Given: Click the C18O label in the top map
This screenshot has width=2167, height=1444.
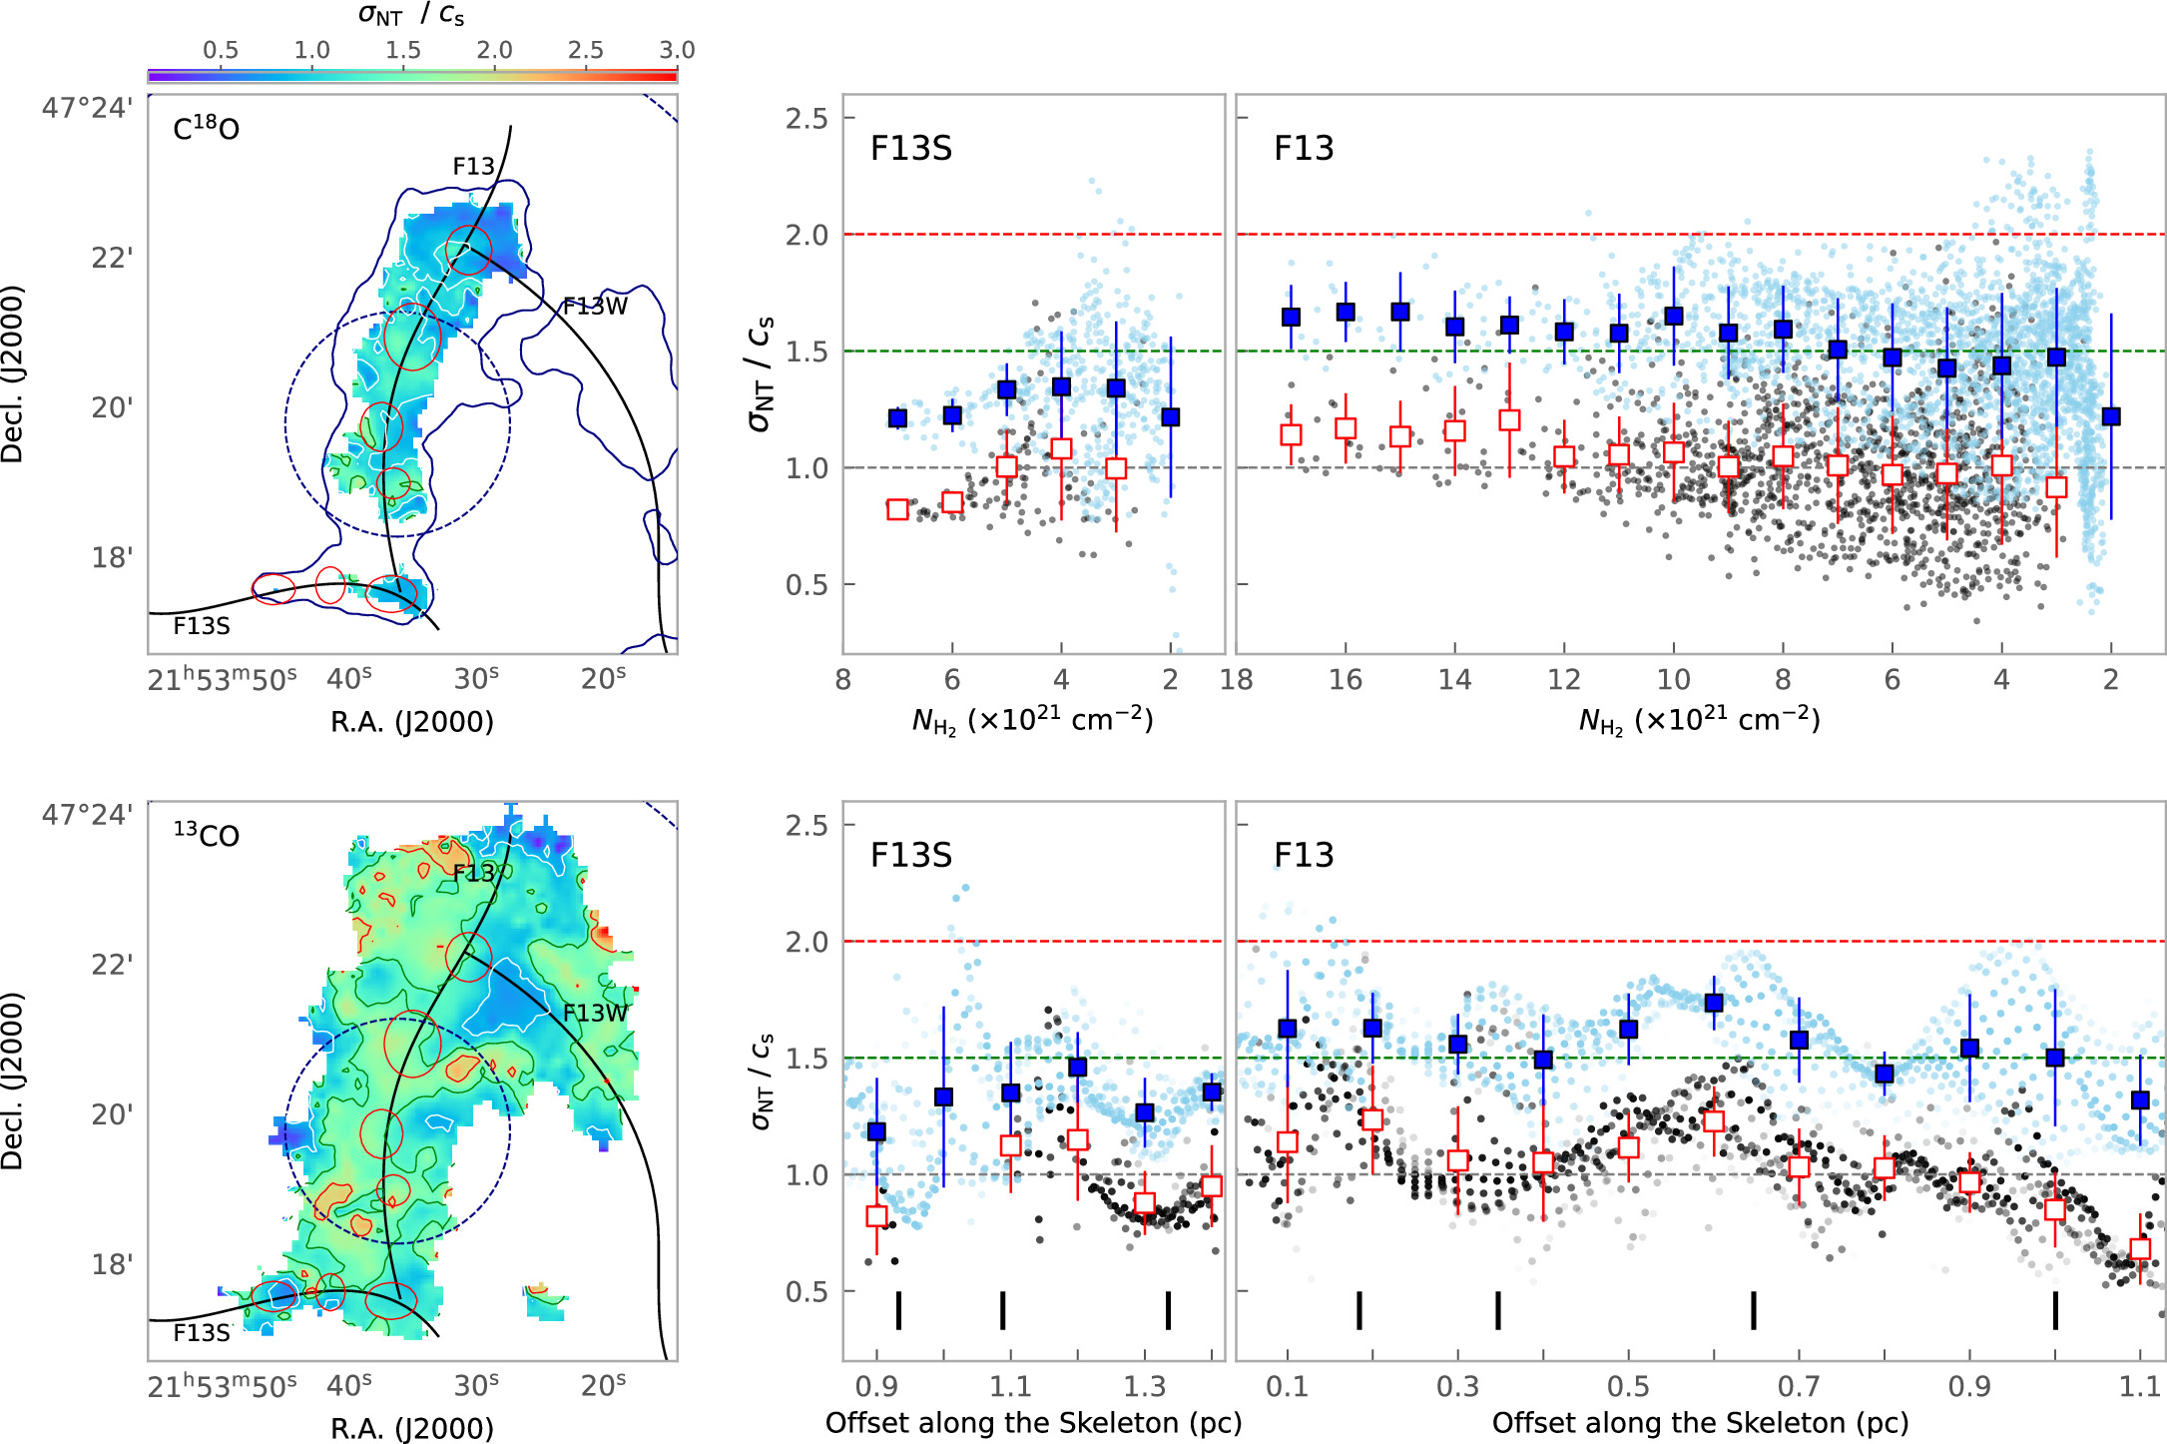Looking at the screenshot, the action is pos(206,129).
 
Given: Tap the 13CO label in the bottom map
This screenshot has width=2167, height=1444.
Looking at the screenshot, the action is pos(207,834).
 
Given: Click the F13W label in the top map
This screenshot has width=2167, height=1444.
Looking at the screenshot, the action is pos(595,307).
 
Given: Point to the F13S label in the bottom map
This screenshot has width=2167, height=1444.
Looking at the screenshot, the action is pos(202,1333).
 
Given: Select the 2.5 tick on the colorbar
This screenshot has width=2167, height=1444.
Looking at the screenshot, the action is pos(586,50).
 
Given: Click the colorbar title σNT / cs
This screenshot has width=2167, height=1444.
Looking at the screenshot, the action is pos(410,15).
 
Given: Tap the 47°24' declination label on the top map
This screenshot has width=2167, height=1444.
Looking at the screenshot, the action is pos(87,108).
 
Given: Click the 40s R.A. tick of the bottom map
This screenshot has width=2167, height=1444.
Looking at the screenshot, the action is pos(349,1385).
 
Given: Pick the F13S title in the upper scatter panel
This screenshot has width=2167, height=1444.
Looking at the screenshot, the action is pos(911,149).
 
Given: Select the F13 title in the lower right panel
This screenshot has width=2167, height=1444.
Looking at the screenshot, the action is pos(1304,856).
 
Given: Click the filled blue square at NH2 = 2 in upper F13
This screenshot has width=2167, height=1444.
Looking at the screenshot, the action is pos(2110,416).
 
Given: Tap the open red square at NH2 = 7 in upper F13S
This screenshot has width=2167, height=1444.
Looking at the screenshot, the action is pos(897,509).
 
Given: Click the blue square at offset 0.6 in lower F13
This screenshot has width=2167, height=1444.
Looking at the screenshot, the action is pos(1714,1003).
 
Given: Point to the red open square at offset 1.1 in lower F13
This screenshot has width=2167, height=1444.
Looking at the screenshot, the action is pos(2140,1249).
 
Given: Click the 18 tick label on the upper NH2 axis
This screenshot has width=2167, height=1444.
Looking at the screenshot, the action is pos(1237,680).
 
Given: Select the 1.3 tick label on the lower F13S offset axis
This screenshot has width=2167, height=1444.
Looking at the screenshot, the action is pos(1145,1386).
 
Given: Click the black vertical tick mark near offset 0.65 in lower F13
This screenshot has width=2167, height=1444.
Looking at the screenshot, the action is pos(1754,1310).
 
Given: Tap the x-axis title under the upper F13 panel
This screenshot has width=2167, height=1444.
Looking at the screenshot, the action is pos(1699,720).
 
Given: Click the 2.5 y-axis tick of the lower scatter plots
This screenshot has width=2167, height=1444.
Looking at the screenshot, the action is pos(807,825).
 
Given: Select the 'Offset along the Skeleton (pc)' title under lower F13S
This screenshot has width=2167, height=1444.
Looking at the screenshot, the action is pos(1033,1423).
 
